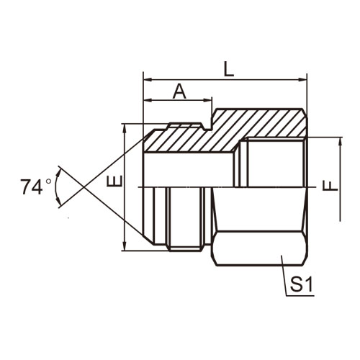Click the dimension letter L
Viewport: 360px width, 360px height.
[x=228, y=69]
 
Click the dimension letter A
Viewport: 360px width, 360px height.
[x=179, y=91]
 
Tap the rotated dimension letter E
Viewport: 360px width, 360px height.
[x=115, y=181]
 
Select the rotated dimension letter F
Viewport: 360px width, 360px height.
[x=330, y=186]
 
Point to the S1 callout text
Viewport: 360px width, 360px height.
[x=301, y=284]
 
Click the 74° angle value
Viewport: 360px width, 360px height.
[x=35, y=186]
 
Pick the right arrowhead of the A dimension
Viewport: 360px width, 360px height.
[x=207, y=100]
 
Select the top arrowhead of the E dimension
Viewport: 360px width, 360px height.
[x=125, y=129]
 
